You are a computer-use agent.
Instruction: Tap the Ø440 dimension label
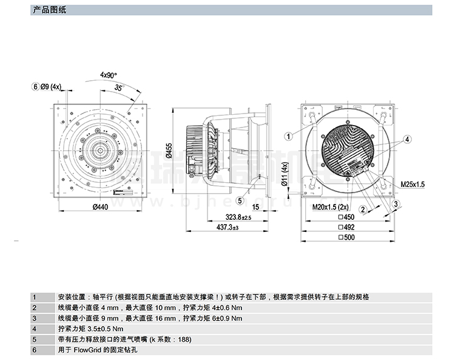click(100, 208)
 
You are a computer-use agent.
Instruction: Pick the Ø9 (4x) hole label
click(50, 86)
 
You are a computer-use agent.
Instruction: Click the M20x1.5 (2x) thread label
click(332, 207)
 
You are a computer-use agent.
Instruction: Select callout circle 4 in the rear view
click(408, 139)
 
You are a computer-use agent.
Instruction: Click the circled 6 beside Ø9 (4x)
click(35, 86)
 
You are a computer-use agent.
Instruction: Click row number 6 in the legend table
click(35, 350)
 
